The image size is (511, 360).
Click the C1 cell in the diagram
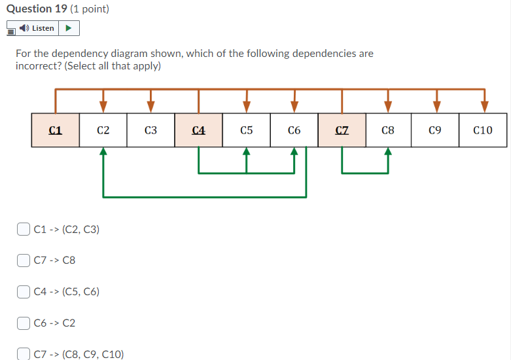pos(56,130)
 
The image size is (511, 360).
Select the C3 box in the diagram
pos(150,130)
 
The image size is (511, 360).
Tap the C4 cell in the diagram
pos(198,130)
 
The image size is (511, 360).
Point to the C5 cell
pos(246,130)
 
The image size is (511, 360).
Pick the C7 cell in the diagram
pos(342,130)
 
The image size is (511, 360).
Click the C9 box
pos(435,130)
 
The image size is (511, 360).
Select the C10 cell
pos(483,130)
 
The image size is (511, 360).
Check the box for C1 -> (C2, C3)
pos(24,229)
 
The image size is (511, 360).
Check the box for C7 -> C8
pos(24,260)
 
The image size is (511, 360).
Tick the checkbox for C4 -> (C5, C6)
pos(24,291)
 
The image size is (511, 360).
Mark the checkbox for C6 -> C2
pos(24,323)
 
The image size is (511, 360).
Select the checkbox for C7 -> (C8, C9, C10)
pos(24,354)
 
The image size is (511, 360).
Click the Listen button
pos(37,28)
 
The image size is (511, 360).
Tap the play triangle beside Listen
pos(69,28)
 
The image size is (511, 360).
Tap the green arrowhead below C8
pos(388,153)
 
